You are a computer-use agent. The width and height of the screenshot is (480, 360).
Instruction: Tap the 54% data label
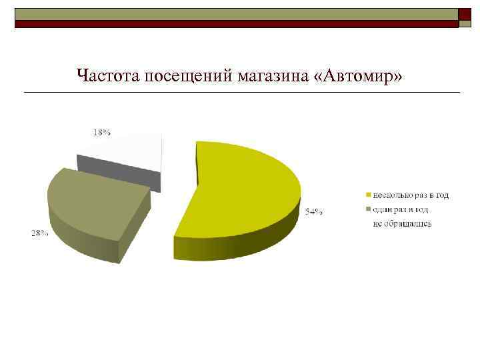[314, 212]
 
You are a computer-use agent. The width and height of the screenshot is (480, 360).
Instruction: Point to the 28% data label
[39, 233]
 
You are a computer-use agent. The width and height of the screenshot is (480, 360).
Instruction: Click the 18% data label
[101, 132]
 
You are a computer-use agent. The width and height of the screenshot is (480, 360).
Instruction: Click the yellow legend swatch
[367, 195]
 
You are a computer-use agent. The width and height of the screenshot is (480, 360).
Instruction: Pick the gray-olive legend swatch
[367, 209]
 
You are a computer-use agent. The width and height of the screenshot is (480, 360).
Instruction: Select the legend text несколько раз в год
[411, 195]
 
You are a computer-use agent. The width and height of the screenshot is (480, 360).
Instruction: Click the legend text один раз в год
[402, 209]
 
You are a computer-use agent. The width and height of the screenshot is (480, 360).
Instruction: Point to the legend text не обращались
[402, 223]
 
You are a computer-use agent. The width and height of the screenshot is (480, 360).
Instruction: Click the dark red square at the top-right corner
[466, 15]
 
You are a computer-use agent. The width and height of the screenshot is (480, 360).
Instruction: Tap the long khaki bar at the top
[237, 14]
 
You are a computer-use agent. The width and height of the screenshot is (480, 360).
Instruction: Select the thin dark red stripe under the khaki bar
[237, 23]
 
